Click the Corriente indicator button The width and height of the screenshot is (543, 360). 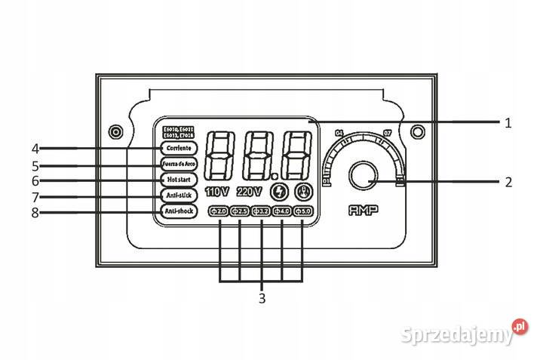click(179, 148)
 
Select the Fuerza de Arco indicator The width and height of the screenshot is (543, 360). click(179, 164)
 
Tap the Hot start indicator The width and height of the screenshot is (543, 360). click(179, 180)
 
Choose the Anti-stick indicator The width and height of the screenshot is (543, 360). click(179, 196)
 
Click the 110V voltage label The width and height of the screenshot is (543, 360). click(217, 192)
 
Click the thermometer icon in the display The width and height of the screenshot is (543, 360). click(304, 192)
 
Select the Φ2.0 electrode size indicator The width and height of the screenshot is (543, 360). click(219, 211)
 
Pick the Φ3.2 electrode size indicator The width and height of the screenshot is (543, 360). click(261, 211)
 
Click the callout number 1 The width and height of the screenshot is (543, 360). click(508, 122)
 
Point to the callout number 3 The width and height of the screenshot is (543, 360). click(262, 298)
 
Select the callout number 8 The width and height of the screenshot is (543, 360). click(35, 213)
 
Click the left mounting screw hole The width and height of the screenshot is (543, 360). click(115, 132)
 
